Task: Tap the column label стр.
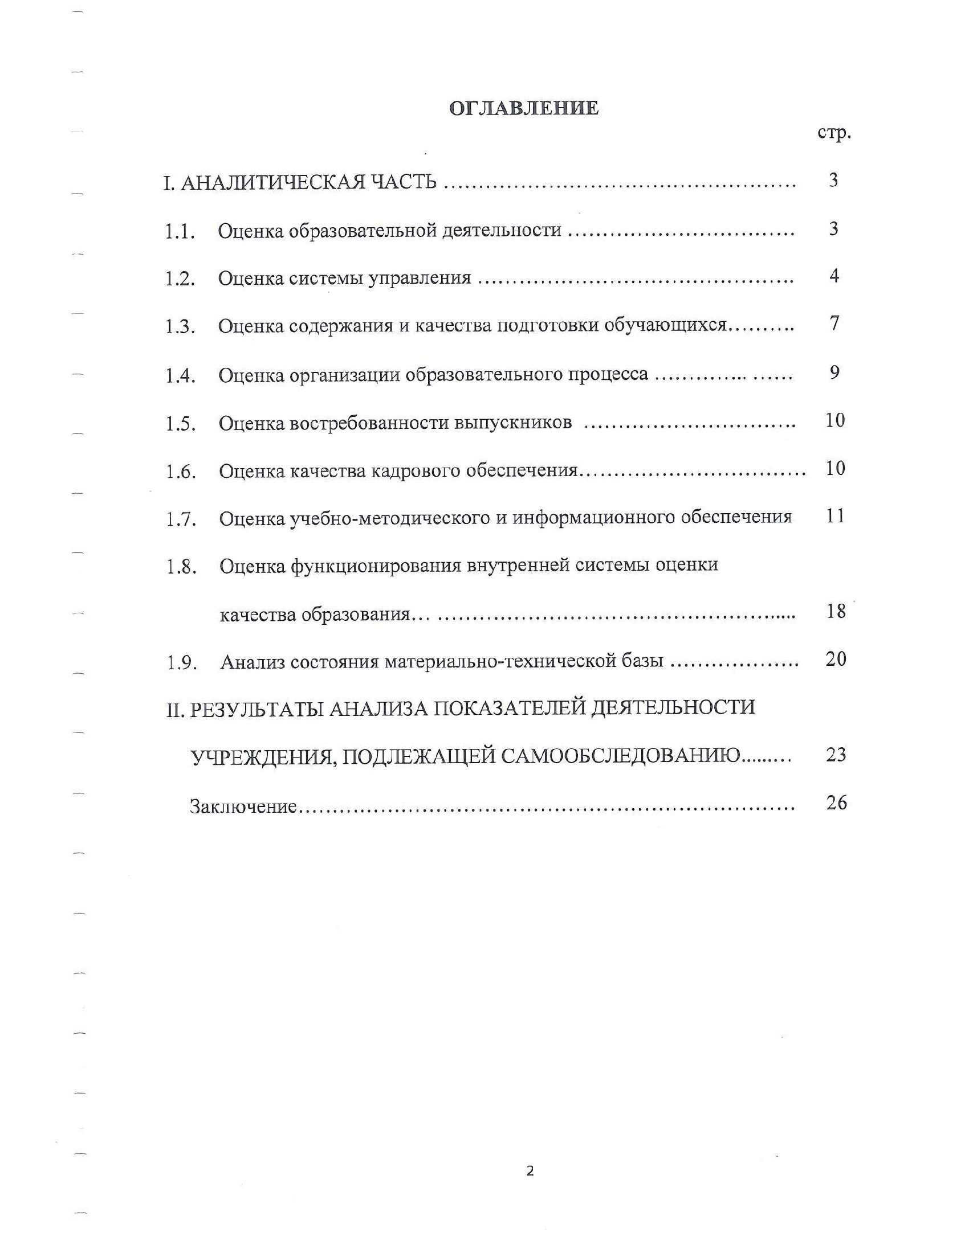[x=834, y=133]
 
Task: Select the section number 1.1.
[x=180, y=232]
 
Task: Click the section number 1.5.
[x=181, y=424]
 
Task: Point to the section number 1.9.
[x=182, y=663]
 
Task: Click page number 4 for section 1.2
[x=834, y=276]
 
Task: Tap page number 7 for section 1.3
[x=834, y=324]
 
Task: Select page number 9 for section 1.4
[x=834, y=372]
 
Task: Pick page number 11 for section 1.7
[x=835, y=516]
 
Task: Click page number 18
[x=836, y=611]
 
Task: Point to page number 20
[x=836, y=659]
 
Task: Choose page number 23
[x=836, y=755]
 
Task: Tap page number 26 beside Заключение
[x=836, y=802]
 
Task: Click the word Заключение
[x=243, y=806]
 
